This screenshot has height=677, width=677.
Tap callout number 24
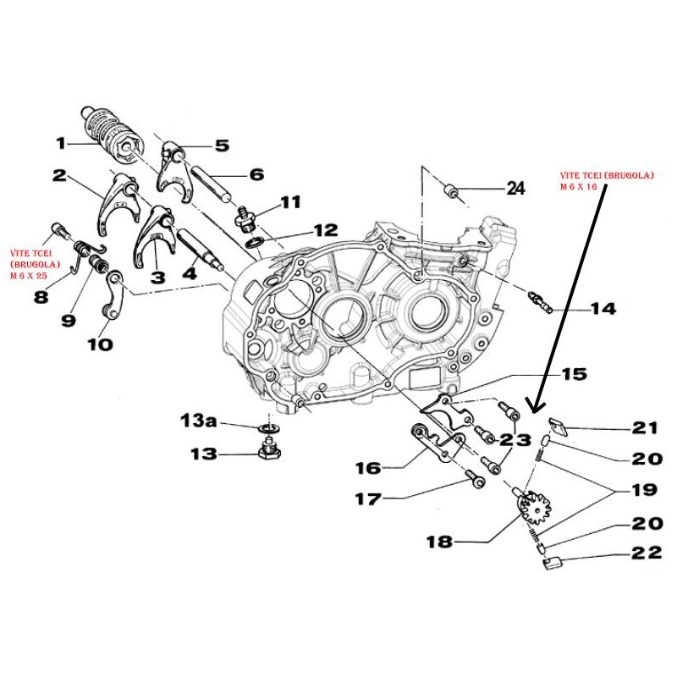[515, 189]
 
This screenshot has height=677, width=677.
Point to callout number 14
[603, 310]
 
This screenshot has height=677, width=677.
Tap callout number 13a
[203, 420]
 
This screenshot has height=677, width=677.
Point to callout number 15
[573, 373]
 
